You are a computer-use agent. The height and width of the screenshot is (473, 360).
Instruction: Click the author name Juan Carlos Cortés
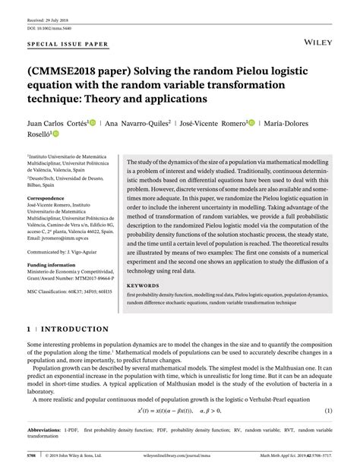click(x=55, y=121)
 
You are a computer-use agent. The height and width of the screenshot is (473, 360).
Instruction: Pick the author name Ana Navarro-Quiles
click(x=145, y=121)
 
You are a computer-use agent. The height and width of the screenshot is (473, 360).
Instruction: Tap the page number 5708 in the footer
click(x=31, y=458)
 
